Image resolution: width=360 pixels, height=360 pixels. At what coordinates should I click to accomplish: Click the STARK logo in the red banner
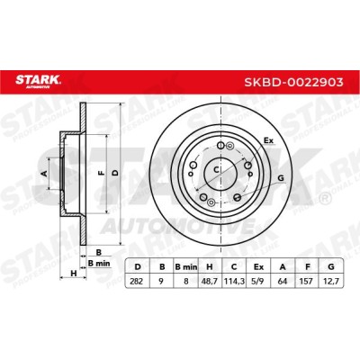tap(38, 82)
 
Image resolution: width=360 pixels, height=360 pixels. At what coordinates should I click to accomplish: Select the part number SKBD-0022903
tap(293, 82)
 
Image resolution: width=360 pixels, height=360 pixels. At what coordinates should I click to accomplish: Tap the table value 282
tap(137, 281)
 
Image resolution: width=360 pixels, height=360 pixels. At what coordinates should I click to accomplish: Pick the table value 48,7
tap(210, 281)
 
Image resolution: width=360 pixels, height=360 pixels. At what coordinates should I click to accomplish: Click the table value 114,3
tap(234, 281)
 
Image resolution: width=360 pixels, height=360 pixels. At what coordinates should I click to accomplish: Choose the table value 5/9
tap(258, 281)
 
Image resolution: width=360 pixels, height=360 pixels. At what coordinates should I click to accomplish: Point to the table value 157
tap(307, 281)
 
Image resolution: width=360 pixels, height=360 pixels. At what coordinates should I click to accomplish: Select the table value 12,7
tap(331, 281)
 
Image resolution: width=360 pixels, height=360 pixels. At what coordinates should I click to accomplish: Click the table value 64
tap(283, 281)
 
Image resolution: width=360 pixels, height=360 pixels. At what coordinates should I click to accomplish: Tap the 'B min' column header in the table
tap(185, 266)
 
